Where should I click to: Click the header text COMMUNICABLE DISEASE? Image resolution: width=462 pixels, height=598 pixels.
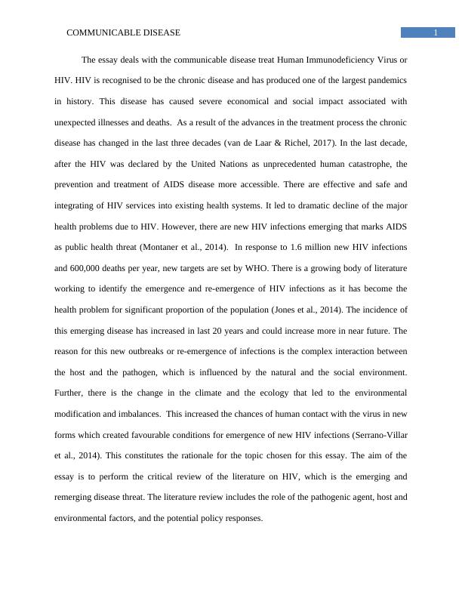pos(124,33)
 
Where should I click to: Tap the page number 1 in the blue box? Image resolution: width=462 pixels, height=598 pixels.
pos(436,32)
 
